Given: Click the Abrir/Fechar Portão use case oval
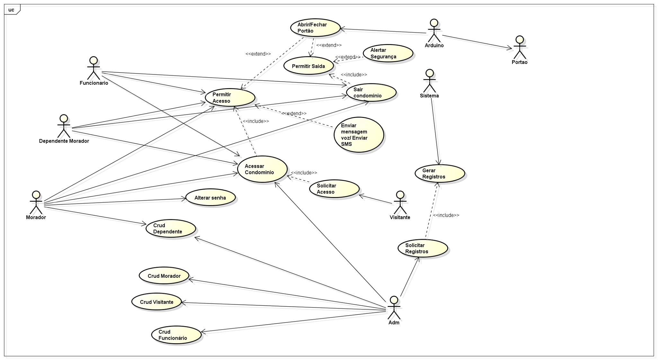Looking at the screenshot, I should [315, 28].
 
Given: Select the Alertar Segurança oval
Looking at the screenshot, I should [388, 53].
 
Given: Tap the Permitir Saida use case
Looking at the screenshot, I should [308, 66].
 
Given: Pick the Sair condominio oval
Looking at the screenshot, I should [371, 93].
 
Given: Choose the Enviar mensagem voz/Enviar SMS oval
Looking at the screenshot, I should [359, 135].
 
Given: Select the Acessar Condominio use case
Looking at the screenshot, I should [262, 169].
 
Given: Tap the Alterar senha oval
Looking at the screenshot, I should [210, 198].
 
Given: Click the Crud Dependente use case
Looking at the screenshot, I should [171, 229].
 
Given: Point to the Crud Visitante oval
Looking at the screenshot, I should [157, 302].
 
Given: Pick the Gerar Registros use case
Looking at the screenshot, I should [440, 174].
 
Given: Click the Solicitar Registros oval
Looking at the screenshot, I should [422, 248].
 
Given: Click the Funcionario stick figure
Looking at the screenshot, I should [93, 68].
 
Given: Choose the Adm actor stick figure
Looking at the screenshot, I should [394, 308].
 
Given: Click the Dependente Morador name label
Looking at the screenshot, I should [64, 141].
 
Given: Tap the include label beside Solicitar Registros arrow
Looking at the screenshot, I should [446, 215].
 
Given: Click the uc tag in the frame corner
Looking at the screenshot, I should [12, 10].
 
